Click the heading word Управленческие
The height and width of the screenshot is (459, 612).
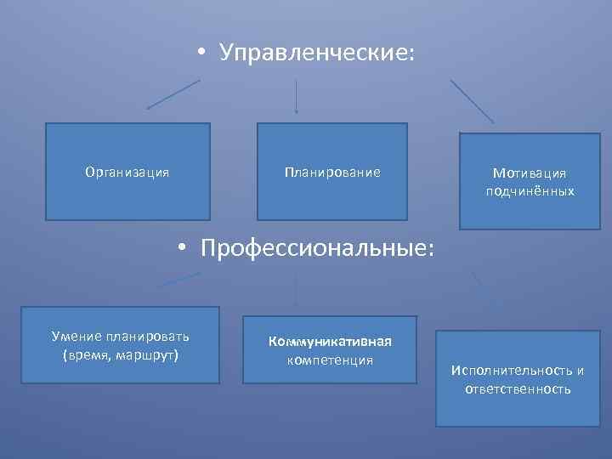pos(317,54)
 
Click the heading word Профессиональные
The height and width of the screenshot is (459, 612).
pos(317,249)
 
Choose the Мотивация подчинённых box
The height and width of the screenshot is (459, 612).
pos(530,181)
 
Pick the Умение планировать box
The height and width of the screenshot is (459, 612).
pos(121,344)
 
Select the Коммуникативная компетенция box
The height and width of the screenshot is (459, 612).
pos(330,350)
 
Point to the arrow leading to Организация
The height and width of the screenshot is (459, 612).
pos(173,94)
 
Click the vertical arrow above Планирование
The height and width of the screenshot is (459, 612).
pos(296,95)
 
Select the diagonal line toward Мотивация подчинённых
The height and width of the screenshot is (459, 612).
pos(472,101)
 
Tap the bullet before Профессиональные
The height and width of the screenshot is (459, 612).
pos(181,250)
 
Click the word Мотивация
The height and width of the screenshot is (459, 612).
pos(530,173)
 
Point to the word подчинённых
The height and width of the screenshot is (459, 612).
pos(530,191)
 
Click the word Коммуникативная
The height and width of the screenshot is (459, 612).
pos(330,342)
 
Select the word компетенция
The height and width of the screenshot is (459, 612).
pos(330,360)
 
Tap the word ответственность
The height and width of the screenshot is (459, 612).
pos(518,389)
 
